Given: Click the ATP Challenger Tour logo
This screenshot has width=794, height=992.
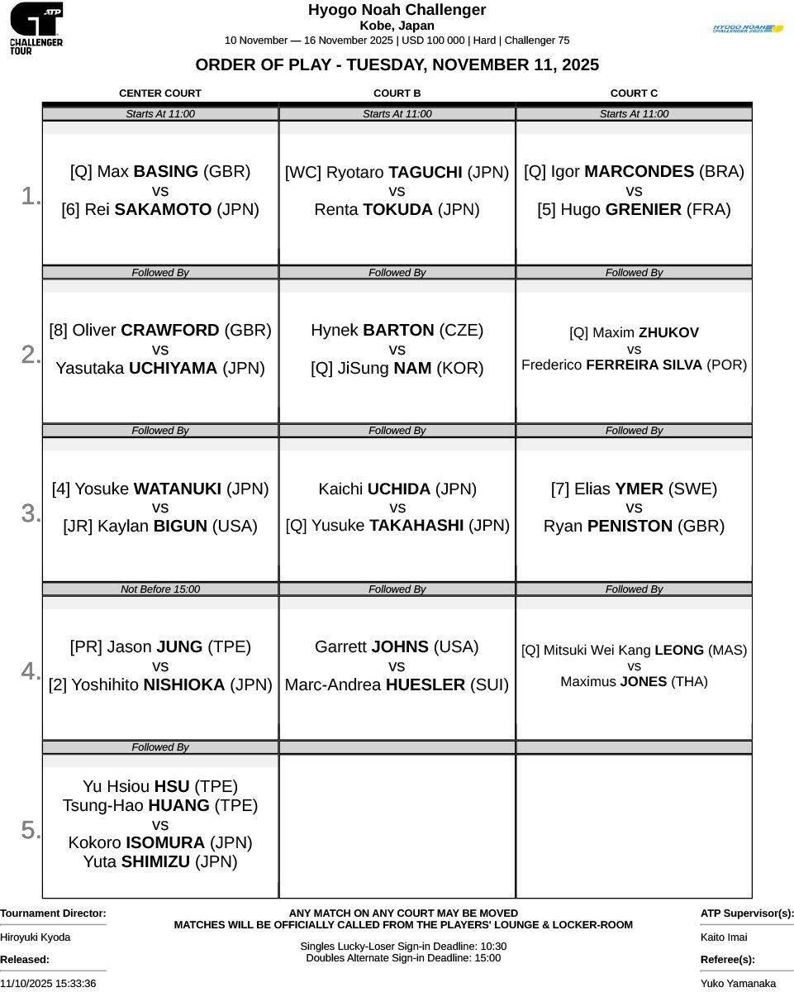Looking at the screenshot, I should [36, 28].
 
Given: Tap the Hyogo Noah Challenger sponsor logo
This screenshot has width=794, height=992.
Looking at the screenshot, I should [748, 29].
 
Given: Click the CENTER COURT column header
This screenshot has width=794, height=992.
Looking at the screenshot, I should [160, 93].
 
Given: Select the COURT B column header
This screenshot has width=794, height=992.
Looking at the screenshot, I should [397, 93].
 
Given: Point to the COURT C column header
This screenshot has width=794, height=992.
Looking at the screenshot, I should [634, 93].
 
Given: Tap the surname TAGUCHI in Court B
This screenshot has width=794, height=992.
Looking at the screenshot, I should [426, 173].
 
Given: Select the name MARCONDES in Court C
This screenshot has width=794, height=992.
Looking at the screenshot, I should [639, 172].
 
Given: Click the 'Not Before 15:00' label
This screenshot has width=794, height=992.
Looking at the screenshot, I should [160, 589].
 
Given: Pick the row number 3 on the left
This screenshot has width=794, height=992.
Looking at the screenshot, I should [30, 513].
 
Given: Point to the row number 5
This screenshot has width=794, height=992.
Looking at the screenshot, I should [30, 830].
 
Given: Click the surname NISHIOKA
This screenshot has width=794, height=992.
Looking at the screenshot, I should [184, 685].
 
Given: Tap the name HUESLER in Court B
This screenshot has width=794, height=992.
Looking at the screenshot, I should [425, 685].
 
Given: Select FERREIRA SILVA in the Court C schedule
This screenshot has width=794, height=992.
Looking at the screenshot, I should [644, 365].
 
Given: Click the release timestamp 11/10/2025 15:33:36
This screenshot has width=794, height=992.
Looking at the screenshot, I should [48, 984].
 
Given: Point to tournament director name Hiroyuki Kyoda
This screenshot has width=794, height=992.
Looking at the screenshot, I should [36, 937].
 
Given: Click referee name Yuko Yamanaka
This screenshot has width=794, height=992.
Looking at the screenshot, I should [738, 984].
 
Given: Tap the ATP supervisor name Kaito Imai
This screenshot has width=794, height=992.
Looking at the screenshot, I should [724, 937].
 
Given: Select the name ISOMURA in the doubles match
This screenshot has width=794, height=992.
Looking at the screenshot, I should [165, 843].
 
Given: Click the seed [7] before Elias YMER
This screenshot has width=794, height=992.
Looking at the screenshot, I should [560, 489].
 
